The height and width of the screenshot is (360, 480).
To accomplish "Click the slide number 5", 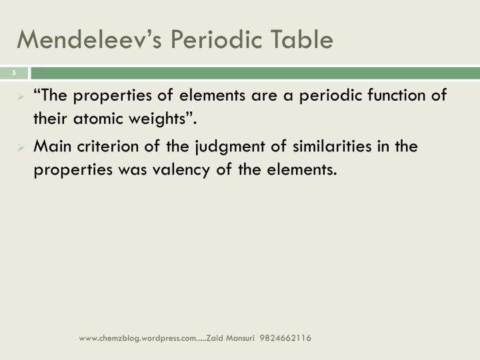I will [13, 73].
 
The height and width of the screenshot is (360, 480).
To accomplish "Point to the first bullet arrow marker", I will [21, 96].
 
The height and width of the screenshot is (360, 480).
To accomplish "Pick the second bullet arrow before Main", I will [21, 147].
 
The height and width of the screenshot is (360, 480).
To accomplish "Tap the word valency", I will [188, 170].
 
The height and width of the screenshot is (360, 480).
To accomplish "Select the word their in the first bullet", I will [50, 119].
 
